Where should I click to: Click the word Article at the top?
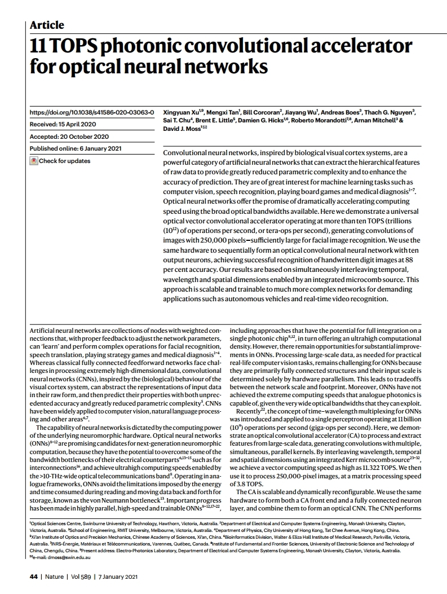point(46,25)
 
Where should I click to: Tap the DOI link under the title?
point(91,113)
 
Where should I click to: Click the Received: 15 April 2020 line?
point(63,125)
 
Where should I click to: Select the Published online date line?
point(74,148)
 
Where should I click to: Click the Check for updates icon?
point(34,161)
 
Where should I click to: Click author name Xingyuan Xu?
point(182,113)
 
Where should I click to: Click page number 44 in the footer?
point(33,577)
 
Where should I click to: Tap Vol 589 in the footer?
point(83,577)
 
